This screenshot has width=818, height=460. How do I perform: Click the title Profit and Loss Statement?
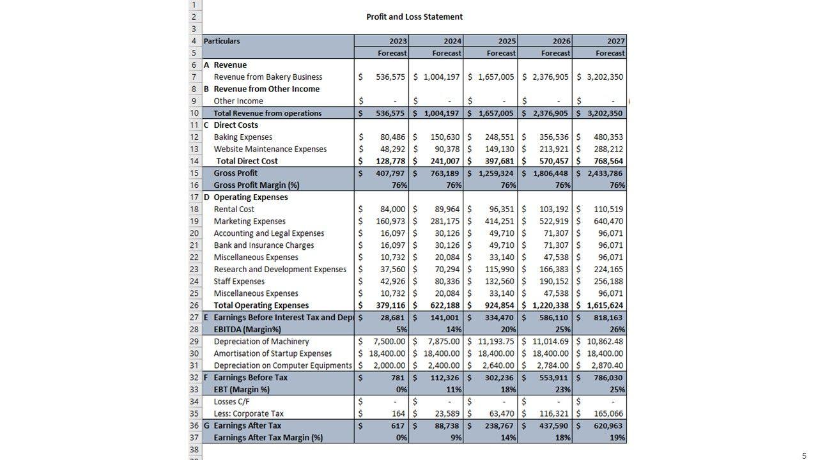(x=414, y=17)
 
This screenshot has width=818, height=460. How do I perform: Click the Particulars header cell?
(x=222, y=41)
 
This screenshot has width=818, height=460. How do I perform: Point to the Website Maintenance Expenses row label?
(x=270, y=149)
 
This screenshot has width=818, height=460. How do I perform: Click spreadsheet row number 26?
(x=195, y=305)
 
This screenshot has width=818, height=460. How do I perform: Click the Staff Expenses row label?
(x=239, y=281)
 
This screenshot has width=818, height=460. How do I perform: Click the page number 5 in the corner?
(x=804, y=456)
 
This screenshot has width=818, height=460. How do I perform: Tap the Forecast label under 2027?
(x=610, y=53)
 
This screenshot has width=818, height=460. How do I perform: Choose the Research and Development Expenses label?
(x=280, y=270)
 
